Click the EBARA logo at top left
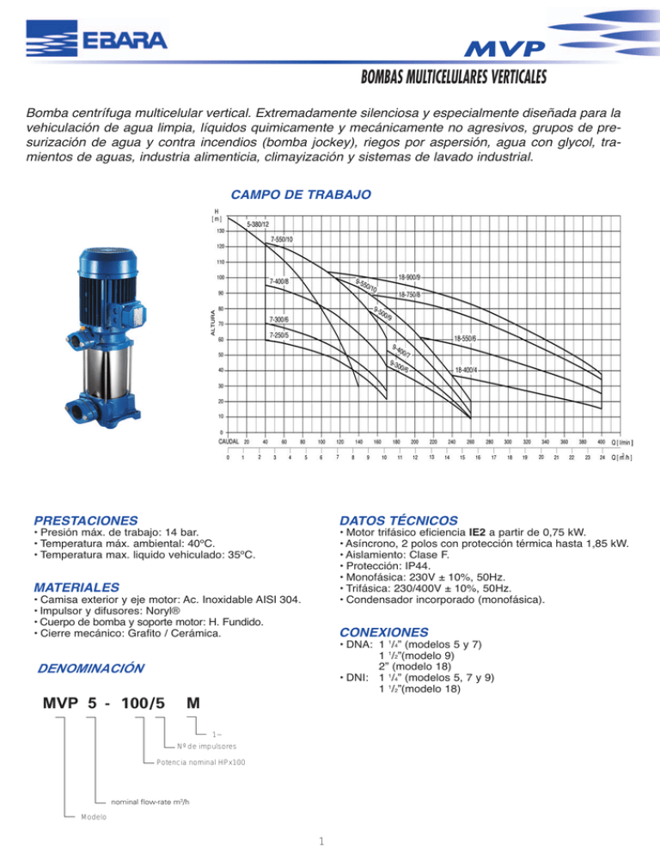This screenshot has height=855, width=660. click(x=96, y=40)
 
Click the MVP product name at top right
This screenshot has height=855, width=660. click(x=514, y=47)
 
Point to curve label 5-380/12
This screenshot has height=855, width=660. click(x=259, y=225)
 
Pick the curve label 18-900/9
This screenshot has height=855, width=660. click(x=408, y=277)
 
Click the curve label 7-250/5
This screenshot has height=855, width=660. click(x=280, y=335)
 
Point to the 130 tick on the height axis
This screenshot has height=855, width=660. click(x=221, y=231)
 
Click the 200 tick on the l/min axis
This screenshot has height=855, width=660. click(x=414, y=442)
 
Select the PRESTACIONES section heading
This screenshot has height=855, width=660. click(x=84, y=520)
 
